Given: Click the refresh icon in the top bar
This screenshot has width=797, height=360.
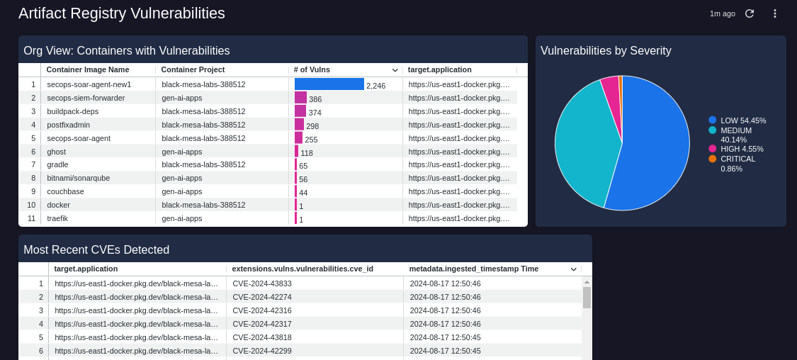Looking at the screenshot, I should click(750, 13).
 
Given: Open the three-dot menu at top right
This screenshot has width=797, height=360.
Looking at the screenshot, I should click(774, 13).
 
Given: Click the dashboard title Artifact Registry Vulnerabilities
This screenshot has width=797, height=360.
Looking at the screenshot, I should click(122, 13).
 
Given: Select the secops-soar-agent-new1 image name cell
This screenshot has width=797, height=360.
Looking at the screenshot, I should click(89, 84).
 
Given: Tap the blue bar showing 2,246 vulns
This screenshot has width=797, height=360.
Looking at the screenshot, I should click(329, 84).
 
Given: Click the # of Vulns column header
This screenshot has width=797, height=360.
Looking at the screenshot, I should click(312, 69).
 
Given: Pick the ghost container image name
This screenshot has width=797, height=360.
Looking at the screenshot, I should click(57, 152).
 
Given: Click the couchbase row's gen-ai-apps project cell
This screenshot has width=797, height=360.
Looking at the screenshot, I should click(182, 191).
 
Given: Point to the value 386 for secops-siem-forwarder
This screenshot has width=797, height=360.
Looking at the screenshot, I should click(315, 99).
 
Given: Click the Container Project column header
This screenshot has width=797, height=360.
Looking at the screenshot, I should click(193, 69).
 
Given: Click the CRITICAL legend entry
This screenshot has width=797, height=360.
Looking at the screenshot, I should click(737, 159).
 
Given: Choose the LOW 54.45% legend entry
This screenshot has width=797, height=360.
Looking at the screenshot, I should click(742, 120).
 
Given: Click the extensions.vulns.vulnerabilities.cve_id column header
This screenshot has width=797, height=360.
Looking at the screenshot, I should click(303, 269).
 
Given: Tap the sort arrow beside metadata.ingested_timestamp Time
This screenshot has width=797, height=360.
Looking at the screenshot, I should click(573, 269).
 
